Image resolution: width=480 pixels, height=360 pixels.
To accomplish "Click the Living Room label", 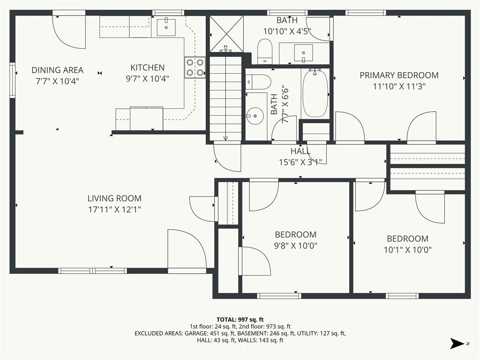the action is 114,198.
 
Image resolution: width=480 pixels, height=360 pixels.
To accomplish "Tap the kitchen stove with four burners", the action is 195,67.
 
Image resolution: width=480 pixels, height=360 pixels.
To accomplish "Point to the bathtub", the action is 315,93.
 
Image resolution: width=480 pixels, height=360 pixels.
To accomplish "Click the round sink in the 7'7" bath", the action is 255,116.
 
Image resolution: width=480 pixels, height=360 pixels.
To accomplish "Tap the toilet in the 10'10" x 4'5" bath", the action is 265,52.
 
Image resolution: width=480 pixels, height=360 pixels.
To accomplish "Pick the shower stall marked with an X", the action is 226,34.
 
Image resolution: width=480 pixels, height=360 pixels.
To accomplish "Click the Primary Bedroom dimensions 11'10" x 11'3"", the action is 399,86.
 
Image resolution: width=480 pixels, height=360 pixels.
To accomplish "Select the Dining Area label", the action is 58,70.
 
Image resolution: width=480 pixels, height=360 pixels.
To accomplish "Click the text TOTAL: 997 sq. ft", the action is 240,320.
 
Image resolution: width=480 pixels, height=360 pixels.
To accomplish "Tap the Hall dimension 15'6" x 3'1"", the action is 300,162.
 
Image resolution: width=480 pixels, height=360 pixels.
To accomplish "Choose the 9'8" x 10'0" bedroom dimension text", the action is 295,246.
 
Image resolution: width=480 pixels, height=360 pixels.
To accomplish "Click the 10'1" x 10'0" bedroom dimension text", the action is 407,250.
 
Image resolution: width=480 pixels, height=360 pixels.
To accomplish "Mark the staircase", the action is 225,98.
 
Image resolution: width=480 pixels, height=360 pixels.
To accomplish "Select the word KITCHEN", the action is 148,67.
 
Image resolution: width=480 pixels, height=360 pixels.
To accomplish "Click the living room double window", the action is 92,270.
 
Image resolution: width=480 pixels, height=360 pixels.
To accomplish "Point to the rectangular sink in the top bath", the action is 303,52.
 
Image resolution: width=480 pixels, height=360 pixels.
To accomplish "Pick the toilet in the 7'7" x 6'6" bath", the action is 258,82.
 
